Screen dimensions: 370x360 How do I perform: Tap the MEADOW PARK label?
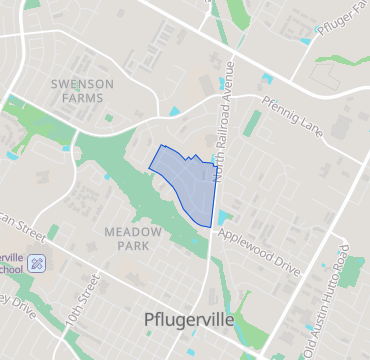[133, 237]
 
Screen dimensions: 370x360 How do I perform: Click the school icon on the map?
[38, 263]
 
